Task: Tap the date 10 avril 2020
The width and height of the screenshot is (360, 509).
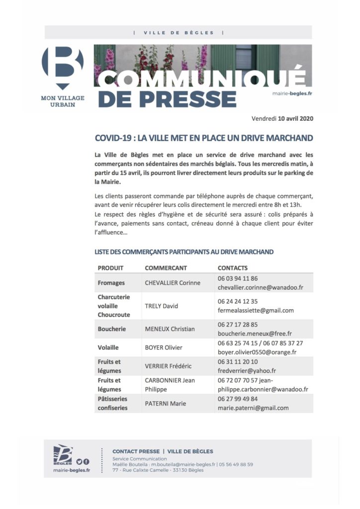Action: click(x=296, y=119)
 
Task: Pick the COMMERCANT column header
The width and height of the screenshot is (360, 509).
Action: click(x=166, y=268)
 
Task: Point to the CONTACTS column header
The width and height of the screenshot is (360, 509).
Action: click(x=232, y=268)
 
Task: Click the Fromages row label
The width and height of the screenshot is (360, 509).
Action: click(x=112, y=283)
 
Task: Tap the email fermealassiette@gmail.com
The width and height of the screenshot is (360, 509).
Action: click(x=256, y=311)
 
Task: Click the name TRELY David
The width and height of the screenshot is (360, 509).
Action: click(x=161, y=306)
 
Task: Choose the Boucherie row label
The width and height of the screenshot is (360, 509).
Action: click(x=112, y=329)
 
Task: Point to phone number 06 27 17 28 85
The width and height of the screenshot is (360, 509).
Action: click(x=238, y=324)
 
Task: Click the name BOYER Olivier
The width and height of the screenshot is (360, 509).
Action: click(x=164, y=347)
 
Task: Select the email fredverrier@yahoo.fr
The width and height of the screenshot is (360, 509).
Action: click(x=247, y=371)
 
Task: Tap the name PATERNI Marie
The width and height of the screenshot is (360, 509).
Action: click(x=165, y=404)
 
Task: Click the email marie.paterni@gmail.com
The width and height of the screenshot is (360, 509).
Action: click(x=253, y=408)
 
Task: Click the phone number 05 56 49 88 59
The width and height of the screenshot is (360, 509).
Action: click(x=236, y=464)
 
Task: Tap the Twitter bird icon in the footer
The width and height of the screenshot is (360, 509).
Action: click(x=79, y=462)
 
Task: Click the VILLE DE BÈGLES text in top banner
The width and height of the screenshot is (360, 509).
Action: click(x=179, y=33)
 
